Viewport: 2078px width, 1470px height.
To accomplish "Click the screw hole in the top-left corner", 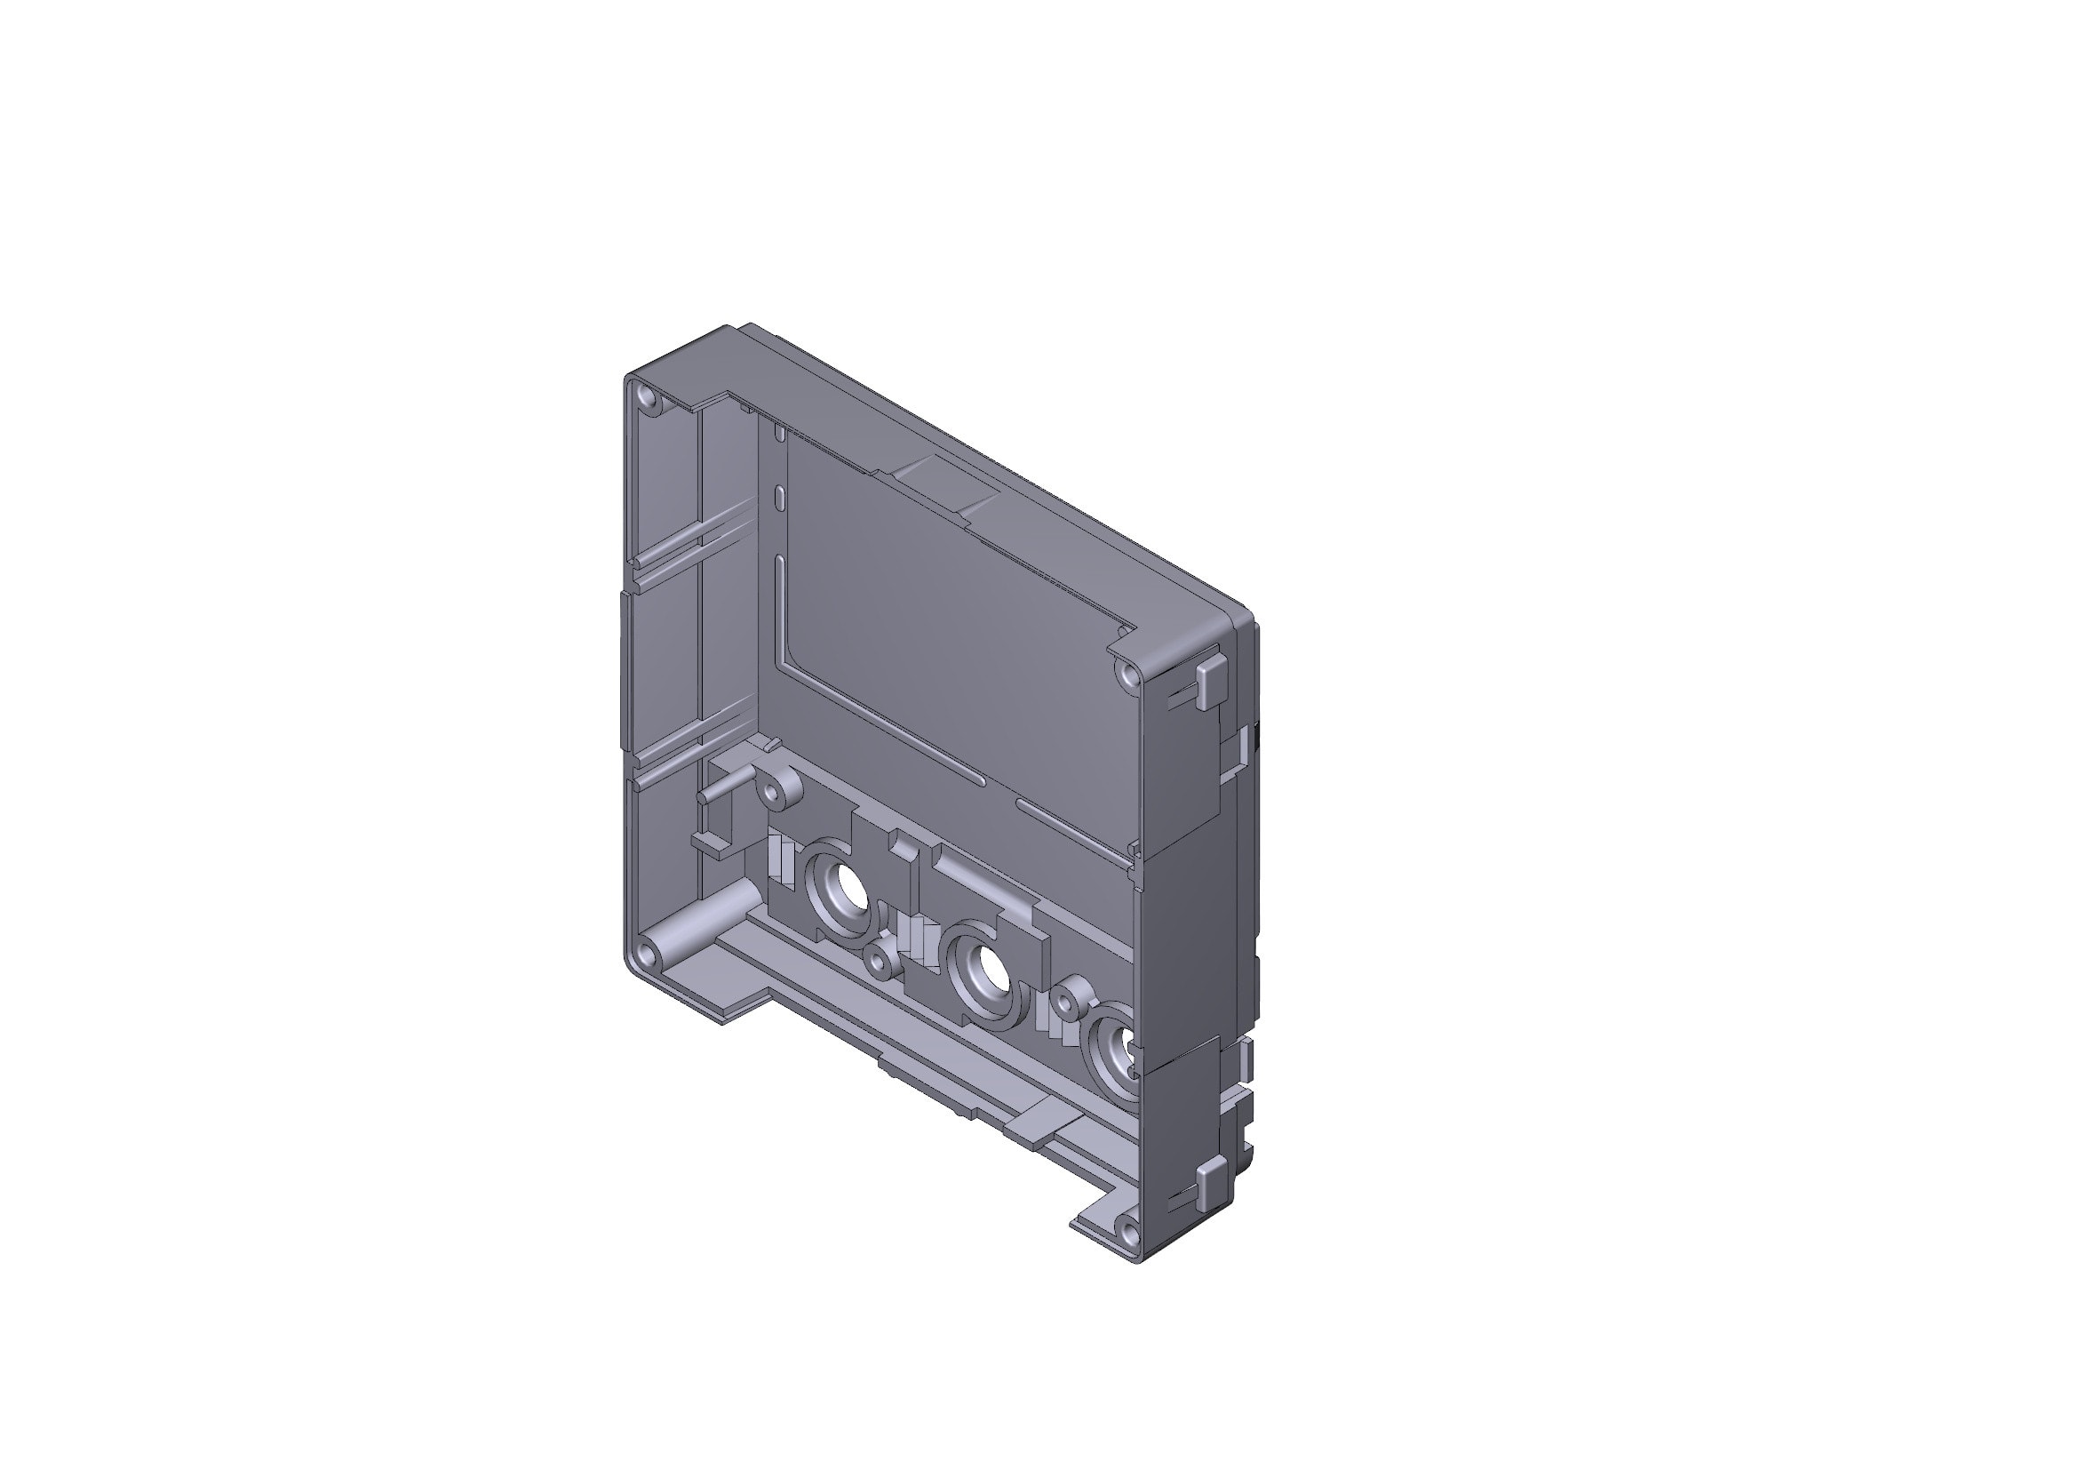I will click(x=646, y=396).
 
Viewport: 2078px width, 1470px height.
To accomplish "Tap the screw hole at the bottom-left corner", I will click(x=644, y=954).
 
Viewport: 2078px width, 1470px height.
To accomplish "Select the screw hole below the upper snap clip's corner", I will click(x=1127, y=675).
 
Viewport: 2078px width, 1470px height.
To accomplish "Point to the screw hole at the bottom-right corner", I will click(x=1127, y=1231).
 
